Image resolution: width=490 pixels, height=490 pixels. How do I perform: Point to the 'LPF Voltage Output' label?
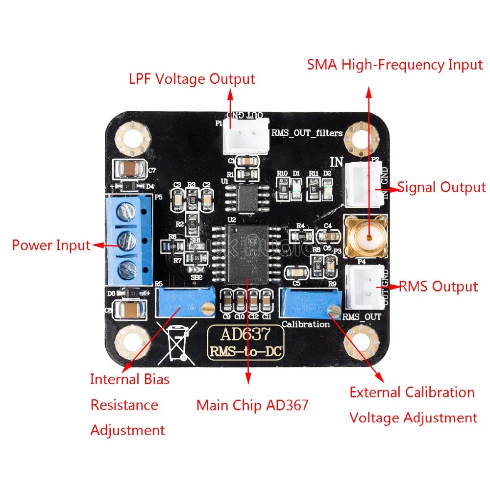192,78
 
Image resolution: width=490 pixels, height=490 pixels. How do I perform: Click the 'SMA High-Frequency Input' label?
395,64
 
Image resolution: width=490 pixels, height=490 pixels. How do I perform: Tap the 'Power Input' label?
51,245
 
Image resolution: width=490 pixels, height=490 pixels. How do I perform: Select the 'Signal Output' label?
441,187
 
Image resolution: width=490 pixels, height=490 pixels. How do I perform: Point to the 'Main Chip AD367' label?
252,405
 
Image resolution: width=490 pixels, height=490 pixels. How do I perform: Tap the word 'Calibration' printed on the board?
306,324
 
